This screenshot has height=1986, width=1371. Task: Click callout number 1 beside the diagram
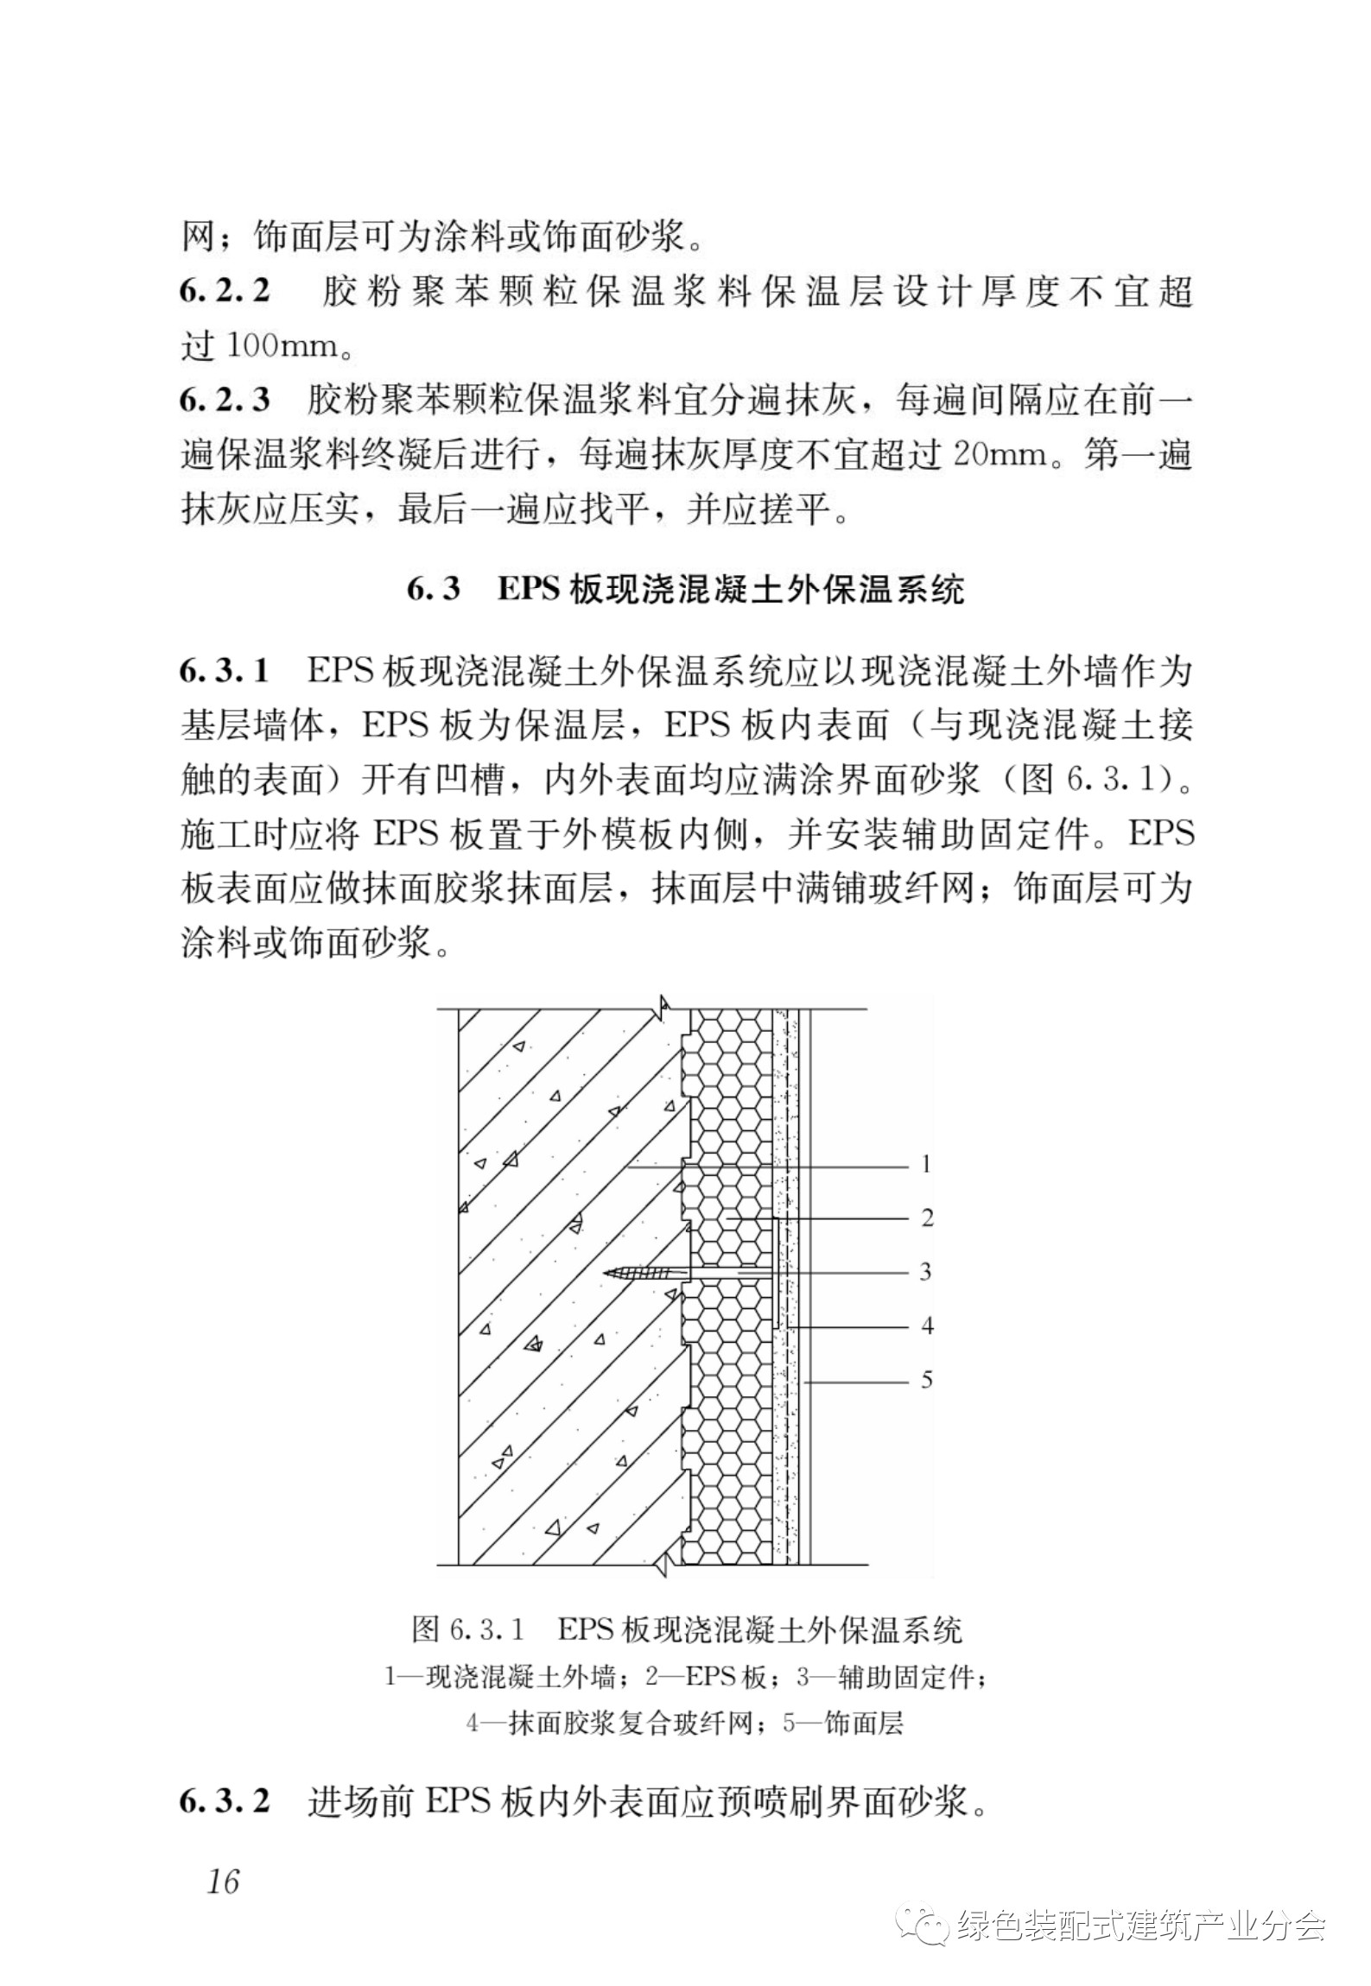[926, 1165]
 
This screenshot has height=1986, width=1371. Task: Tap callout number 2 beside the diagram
[927, 1218]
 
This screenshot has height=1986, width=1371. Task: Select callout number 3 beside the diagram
[926, 1272]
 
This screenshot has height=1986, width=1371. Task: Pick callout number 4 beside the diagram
[927, 1325]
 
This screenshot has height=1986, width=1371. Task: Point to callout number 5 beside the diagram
[926, 1379]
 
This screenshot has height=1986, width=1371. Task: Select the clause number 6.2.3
[225, 400]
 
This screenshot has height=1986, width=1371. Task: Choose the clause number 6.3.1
[225, 671]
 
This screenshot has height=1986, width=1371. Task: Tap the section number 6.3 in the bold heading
[434, 591]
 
